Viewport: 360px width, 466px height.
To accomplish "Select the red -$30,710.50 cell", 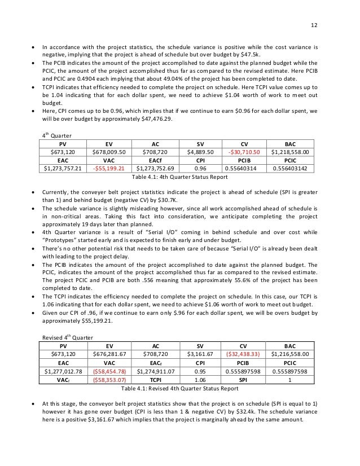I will point(244,152).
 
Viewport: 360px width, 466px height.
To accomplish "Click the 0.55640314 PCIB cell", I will point(244,168).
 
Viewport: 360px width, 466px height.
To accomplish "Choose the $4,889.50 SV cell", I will point(200,152).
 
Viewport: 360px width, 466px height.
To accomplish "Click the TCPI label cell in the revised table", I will point(156,380).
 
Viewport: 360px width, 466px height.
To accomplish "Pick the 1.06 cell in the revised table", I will point(200,380).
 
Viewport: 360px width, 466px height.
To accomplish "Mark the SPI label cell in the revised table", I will point(244,380).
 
